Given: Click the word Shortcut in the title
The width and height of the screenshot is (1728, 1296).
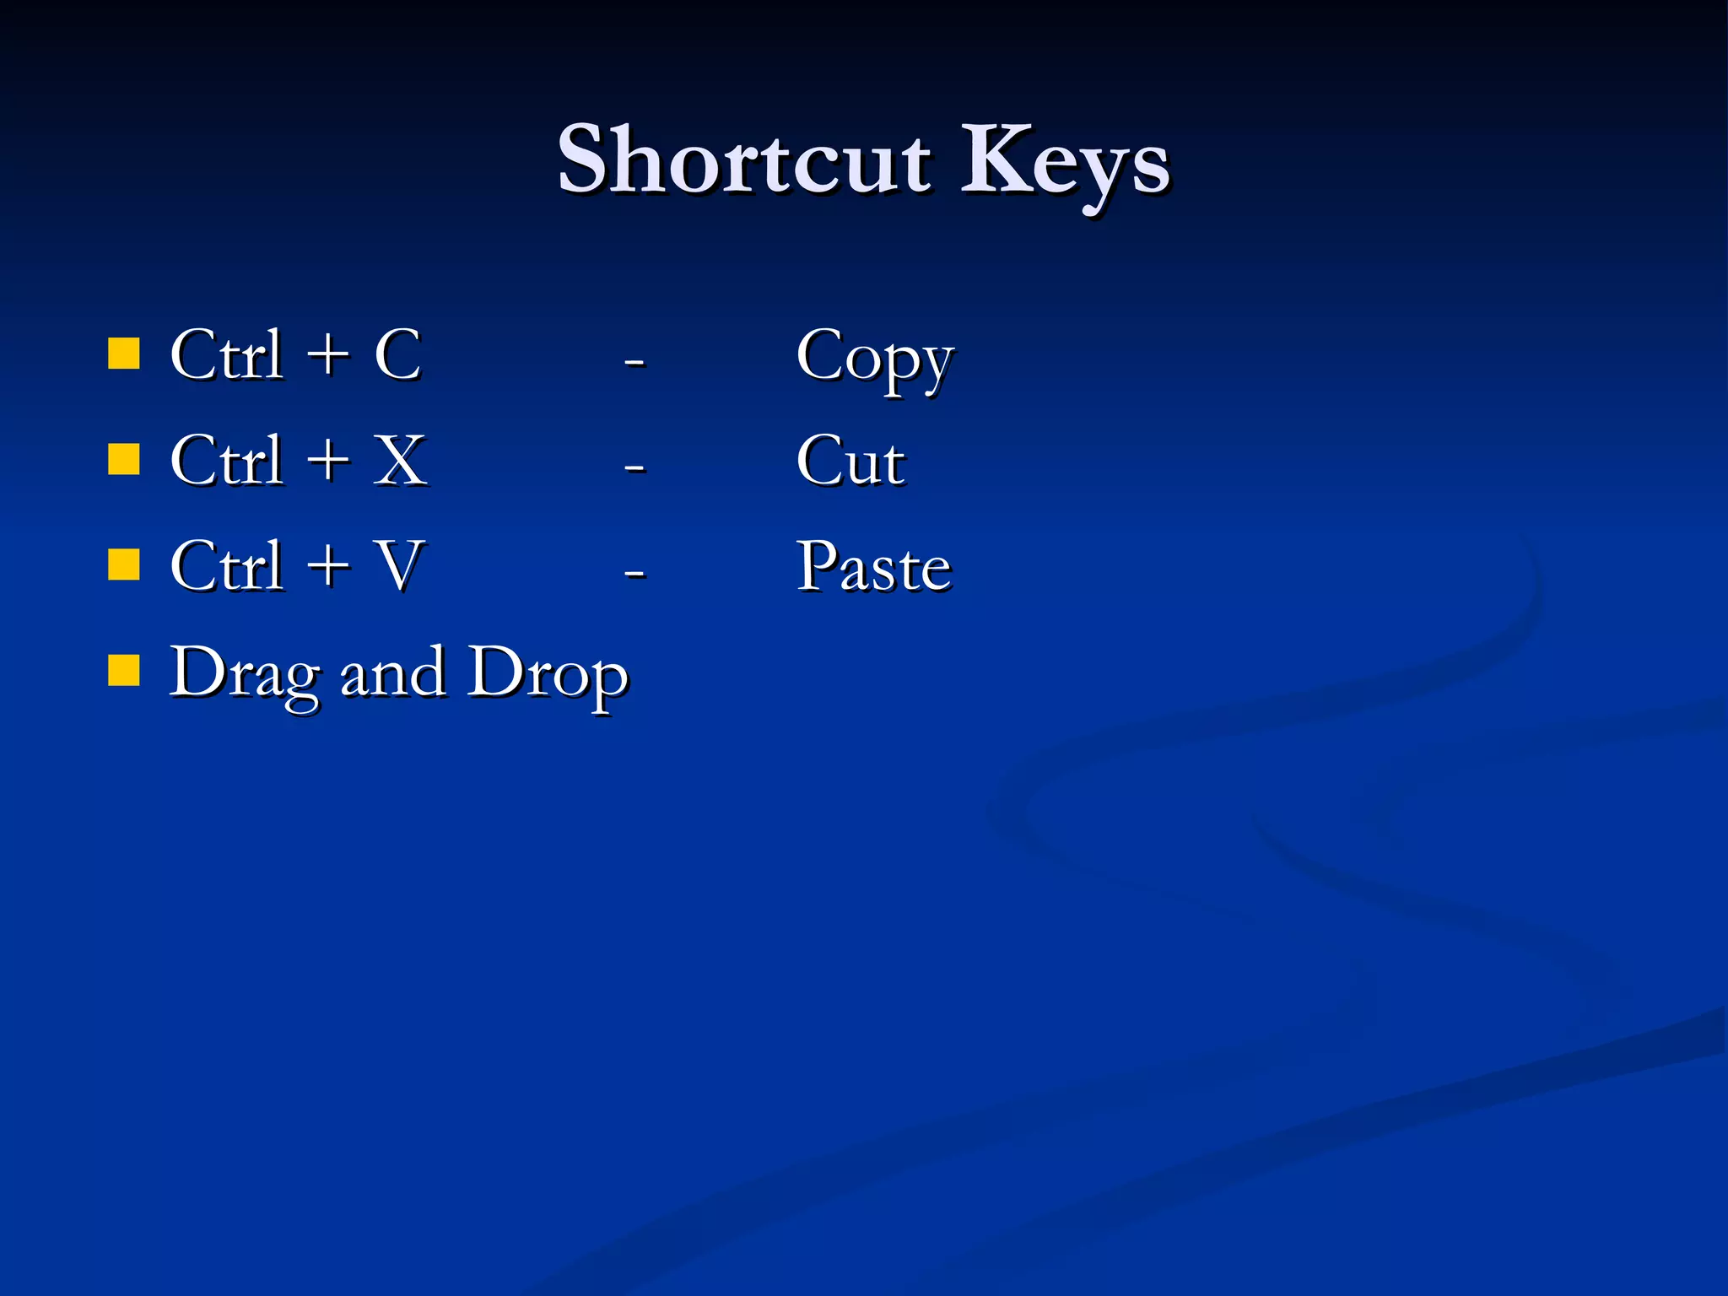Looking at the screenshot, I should (744, 160).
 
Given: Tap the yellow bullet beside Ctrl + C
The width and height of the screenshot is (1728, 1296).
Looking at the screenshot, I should (124, 354).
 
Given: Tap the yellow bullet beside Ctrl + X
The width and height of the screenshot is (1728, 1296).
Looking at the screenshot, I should (124, 460).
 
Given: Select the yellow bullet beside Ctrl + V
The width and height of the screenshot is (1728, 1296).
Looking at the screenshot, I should (124, 565).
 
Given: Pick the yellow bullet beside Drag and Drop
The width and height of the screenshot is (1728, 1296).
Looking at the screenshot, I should (124, 672).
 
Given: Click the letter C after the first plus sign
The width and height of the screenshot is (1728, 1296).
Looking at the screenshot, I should (397, 355).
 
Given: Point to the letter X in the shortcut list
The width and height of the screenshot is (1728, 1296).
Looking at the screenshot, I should (400, 461).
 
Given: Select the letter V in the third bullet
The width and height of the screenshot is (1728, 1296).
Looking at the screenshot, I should (397, 566).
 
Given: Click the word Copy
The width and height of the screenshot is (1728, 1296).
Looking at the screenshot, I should (874, 359).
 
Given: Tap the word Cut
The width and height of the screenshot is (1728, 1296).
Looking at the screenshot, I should (850, 462).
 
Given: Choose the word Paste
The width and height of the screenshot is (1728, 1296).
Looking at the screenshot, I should (874, 566).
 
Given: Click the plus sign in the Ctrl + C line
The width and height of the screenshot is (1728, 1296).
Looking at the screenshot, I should (327, 355).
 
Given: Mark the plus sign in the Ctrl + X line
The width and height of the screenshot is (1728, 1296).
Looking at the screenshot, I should (327, 461).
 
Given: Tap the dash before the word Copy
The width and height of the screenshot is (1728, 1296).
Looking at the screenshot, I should (634, 361).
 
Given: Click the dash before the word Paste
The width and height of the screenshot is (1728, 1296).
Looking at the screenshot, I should (634, 573).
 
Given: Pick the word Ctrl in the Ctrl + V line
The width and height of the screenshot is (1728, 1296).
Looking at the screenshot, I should (226, 566).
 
